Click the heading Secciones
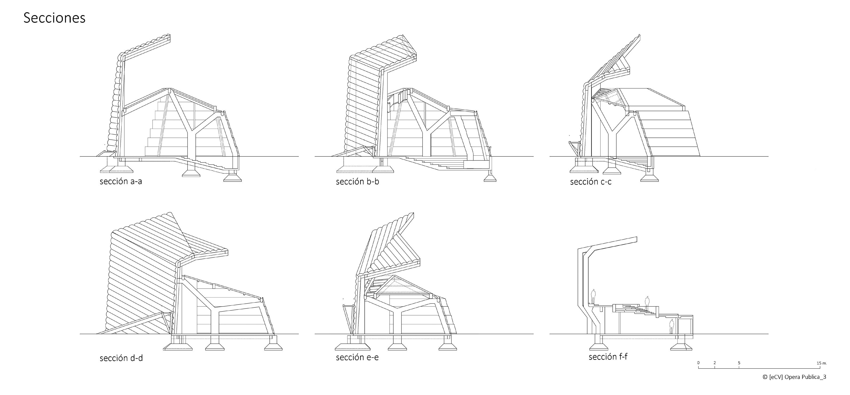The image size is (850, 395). pos(54,18)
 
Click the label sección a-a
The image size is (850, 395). pos(121,181)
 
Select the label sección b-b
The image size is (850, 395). pos(357,181)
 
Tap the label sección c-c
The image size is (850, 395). pos(591,182)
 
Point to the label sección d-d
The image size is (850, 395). pos(121,358)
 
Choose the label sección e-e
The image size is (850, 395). pos(357,357)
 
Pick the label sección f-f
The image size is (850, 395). pos(608,357)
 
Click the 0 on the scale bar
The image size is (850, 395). pos(698,363)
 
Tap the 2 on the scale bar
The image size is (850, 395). pos(714,363)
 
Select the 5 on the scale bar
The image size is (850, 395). pos(739,363)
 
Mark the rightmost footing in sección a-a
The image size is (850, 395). pos(233,178)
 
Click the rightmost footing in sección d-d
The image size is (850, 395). pos(273,346)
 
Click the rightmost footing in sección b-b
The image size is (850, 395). pos(490,178)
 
